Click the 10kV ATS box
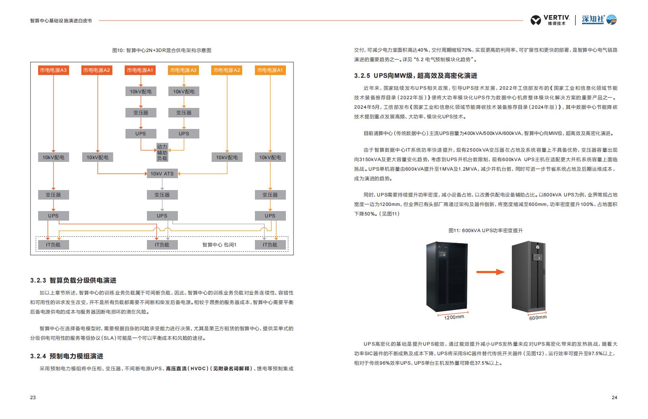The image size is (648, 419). pyautogui.click(x=162, y=173)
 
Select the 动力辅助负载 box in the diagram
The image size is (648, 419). pyautogui.click(x=162, y=152)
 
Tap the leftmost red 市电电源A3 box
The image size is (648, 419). pyautogui.click(x=54, y=70)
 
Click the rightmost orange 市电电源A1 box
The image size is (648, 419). pyautogui.click(x=270, y=70)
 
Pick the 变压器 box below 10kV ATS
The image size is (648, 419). pyautogui.click(x=162, y=194)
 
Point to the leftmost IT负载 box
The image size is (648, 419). pyautogui.click(x=54, y=245)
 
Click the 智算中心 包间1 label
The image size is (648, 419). pyautogui.click(x=219, y=245)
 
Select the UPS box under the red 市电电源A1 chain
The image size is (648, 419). pyautogui.click(x=141, y=134)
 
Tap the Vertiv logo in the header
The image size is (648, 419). pyautogui.click(x=550, y=20)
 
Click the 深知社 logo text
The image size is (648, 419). pyautogui.click(x=593, y=19)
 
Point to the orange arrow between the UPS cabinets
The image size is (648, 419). pyautogui.click(x=490, y=272)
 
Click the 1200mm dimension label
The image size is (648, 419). pyautogui.click(x=454, y=317)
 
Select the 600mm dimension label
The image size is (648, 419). pyautogui.click(x=538, y=318)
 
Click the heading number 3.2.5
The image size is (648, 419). pyautogui.click(x=362, y=76)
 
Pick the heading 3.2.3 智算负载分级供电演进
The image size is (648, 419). pyautogui.click(x=73, y=280)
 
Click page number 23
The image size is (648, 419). pyautogui.click(x=33, y=397)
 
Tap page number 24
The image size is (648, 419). pyautogui.click(x=614, y=397)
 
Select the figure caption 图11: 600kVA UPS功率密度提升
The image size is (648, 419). pyautogui.click(x=486, y=231)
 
